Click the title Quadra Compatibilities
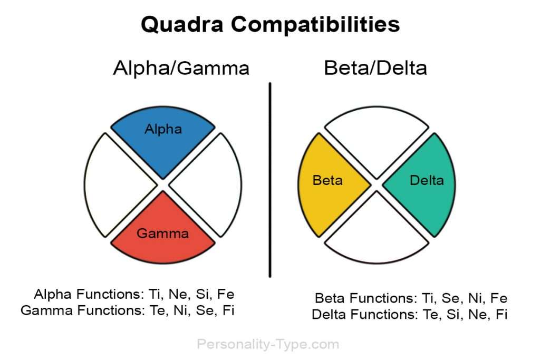(x=270, y=25)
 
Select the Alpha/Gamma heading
(x=181, y=68)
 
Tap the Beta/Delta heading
(x=375, y=68)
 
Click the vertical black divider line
(x=270, y=179)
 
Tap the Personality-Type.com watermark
(x=268, y=345)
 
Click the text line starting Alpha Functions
(x=133, y=294)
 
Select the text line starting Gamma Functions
(x=128, y=310)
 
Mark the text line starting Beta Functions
(x=411, y=298)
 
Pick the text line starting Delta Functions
(x=409, y=315)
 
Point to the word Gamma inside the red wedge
(x=162, y=233)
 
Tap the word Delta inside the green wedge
(x=427, y=181)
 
